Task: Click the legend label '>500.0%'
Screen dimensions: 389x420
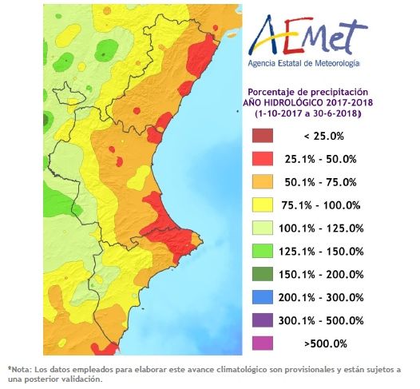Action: tap(326, 343)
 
